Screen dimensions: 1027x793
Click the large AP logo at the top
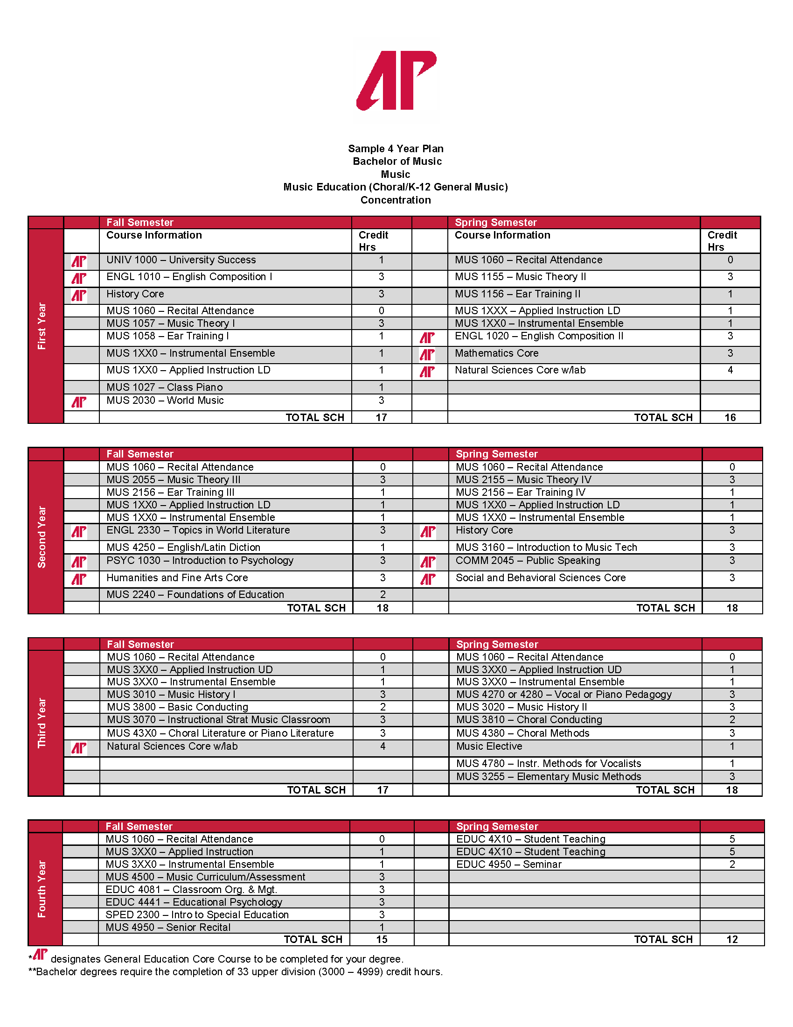coord(396,81)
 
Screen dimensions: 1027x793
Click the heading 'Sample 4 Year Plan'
coord(396,148)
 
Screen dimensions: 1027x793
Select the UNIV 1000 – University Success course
coord(181,260)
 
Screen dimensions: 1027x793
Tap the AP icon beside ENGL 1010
coord(79,278)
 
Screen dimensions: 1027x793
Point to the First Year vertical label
coord(42,325)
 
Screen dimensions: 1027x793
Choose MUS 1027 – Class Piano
coord(164,387)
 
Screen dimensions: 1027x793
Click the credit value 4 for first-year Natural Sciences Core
coord(730,370)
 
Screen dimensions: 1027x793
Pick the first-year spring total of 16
coord(730,418)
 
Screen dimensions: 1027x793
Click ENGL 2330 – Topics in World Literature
coord(198,530)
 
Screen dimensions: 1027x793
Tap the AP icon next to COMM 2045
coord(428,563)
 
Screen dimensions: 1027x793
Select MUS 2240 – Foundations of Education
coord(195,595)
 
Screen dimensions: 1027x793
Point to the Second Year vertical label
coord(42,537)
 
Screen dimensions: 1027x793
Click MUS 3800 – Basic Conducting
coord(177,707)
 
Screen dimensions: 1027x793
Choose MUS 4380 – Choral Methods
coord(522,733)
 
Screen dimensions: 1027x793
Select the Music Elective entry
coord(489,746)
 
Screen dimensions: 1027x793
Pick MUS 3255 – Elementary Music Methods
coord(548,777)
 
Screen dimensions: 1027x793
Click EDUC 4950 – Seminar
coord(509,864)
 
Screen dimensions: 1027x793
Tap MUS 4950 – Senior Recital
coord(168,927)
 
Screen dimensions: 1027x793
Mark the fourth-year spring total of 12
coord(732,940)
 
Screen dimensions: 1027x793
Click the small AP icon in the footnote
coord(41,955)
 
